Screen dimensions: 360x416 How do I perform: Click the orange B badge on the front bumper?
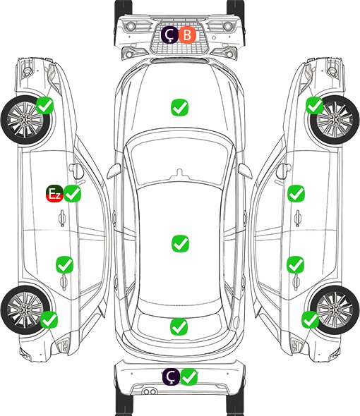point(187,35)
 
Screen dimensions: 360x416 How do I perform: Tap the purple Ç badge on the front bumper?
point(170,35)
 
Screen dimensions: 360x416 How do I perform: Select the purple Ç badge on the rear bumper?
point(172,377)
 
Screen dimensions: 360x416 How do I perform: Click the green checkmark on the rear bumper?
point(189,377)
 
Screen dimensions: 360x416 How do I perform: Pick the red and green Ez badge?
point(55,193)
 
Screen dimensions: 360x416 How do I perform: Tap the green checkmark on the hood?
point(179,107)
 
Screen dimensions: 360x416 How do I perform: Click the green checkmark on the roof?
point(181,243)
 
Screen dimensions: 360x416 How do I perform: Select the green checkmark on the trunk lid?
point(179,326)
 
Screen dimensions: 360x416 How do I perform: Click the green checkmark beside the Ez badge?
point(72,193)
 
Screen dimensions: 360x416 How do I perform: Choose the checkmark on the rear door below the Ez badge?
point(64,264)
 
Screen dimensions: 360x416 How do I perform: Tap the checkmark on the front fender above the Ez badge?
point(45,105)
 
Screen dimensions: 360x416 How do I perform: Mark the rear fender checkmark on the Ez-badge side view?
point(49,319)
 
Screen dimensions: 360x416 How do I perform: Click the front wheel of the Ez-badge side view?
point(26,120)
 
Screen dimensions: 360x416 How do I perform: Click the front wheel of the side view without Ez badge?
point(335,120)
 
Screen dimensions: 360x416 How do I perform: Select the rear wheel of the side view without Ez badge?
point(335,310)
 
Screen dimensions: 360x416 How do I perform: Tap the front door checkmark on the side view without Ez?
point(296,193)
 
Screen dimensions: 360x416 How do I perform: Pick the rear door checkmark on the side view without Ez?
point(296,264)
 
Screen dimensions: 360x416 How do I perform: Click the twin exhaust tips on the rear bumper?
point(150,391)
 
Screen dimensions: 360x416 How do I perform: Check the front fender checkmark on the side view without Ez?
point(315,105)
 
